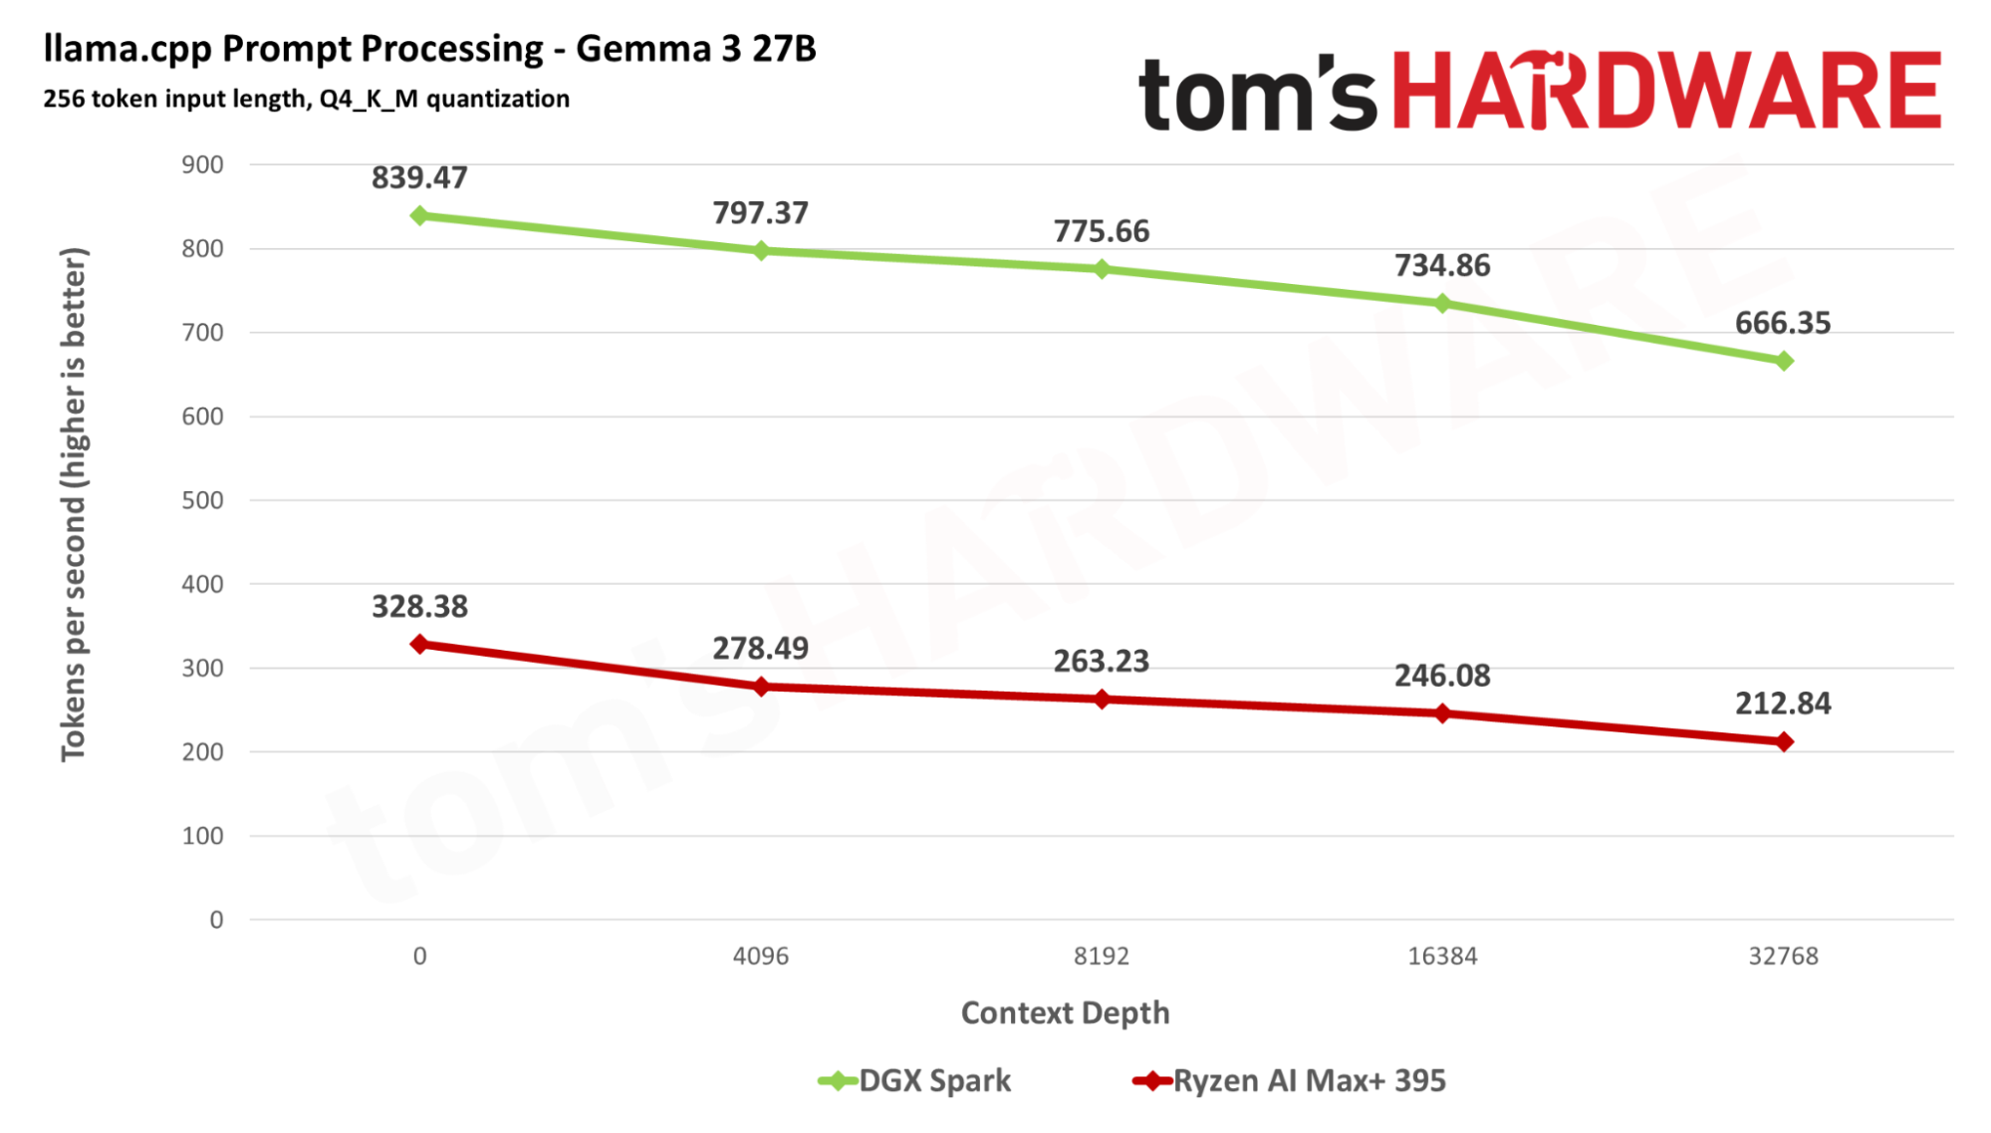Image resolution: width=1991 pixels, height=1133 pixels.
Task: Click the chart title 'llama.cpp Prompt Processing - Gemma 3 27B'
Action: point(429,48)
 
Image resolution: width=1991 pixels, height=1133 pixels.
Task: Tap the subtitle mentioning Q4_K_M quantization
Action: point(306,99)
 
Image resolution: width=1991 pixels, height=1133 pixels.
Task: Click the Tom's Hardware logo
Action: point(1539,92)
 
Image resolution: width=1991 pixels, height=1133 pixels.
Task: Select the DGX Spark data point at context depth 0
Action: point(419,215)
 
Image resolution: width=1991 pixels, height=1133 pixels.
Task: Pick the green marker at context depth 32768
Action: point(1783,361)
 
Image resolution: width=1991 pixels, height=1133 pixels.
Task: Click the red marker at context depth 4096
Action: point(761,687)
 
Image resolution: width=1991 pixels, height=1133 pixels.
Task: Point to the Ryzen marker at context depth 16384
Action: point(1442,713)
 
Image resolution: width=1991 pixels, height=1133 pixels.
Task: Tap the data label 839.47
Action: point(419,177)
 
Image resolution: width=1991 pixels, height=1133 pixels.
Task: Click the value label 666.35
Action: point(1782,323)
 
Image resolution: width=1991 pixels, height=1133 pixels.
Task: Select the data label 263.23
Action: point(1101,661)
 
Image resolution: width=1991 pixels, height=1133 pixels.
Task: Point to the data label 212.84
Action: point(1782,704)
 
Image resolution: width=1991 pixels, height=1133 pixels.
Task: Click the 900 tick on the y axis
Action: point(202,164)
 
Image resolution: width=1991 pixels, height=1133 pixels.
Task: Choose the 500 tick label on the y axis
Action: point(202,500)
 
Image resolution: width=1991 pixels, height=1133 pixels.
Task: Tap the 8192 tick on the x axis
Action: point(1101,956)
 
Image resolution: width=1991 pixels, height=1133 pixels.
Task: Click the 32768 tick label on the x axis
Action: point(1783,956)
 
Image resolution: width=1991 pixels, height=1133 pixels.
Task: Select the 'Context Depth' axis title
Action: point(1065,1012)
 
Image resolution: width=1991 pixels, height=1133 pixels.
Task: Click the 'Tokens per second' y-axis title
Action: point(74,504)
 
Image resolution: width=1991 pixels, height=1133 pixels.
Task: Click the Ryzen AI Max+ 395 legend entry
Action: point(1289,1080)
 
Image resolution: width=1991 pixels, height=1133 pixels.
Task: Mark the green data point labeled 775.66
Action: point(1102,269)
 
